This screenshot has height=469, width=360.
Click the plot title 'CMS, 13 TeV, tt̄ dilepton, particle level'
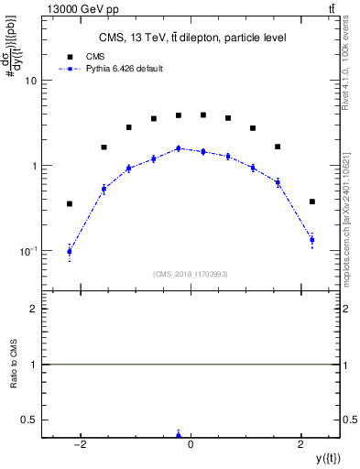[191, 38]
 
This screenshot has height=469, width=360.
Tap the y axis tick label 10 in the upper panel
[30, 81]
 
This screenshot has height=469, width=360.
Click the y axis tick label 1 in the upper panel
[33, 166]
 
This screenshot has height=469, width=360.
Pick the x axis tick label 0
[191, 444]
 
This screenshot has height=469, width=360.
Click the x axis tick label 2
[302, 444]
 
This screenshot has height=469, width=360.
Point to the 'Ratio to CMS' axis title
[14, 365]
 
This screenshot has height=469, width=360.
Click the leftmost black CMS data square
[70, 203]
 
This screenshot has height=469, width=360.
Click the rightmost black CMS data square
[312, 202]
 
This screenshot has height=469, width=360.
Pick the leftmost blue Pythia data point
[70, 251]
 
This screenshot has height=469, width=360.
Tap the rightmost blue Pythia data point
[312, 240]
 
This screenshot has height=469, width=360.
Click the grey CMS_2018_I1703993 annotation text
[191, 272]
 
